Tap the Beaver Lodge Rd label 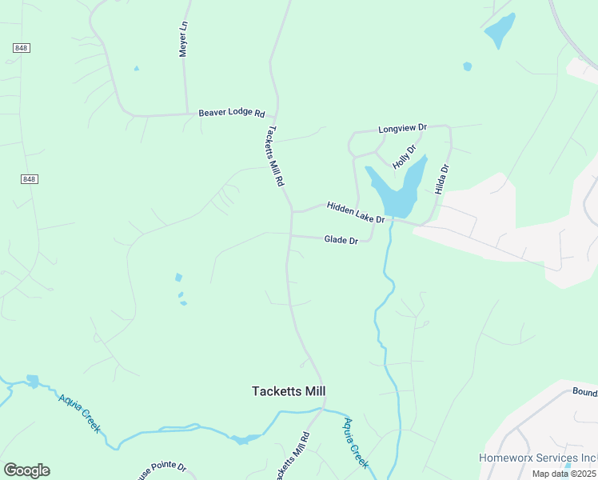(x=231, y=114)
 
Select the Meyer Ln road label (x=183, y=38)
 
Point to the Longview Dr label (x=403, y=128)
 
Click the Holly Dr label (x=405, y=156)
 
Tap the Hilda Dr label (x=445, y=181)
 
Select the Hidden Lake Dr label (x=356, y=212)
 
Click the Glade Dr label (x=341, y=239)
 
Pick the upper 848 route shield (x=22, y=48)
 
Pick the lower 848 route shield (x=30, y=179)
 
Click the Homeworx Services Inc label (x=537, y=458)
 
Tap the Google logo (x=26, y=470)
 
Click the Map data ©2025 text (x=564, y=474)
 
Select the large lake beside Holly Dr (x=395, y=192)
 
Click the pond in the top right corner (x=500, y=30)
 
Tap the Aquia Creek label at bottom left (x=79, y=412)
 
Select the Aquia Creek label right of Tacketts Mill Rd (x=356, y=442)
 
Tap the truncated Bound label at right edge (x=584, y=393)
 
